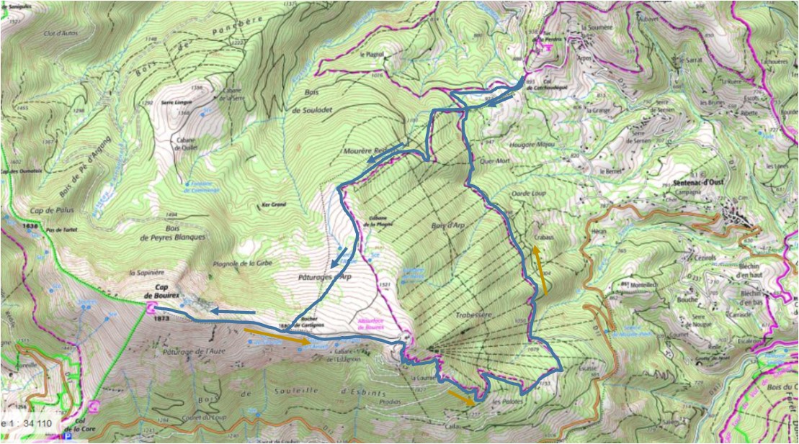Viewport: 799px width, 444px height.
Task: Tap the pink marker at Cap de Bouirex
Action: click(x=151, y=308)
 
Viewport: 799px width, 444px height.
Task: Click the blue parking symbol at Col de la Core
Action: click(x=68, y=436)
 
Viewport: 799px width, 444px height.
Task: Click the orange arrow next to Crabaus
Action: click(x=540, y=270)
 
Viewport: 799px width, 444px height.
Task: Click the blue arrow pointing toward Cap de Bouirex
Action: click(x=233, y=312)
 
